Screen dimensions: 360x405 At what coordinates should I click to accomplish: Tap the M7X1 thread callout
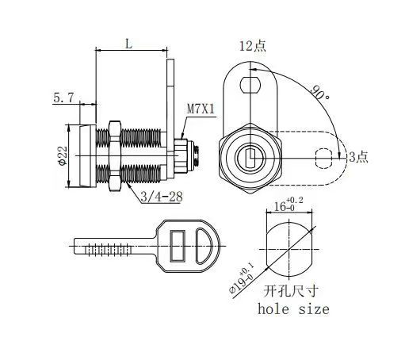pyautogui.click(x=199, y=109)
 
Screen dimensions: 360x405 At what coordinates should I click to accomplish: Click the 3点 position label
pyautogui.click(x=359, y=157)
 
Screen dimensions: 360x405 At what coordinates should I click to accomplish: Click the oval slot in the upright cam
pyautogui.click(x=251, y=79)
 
